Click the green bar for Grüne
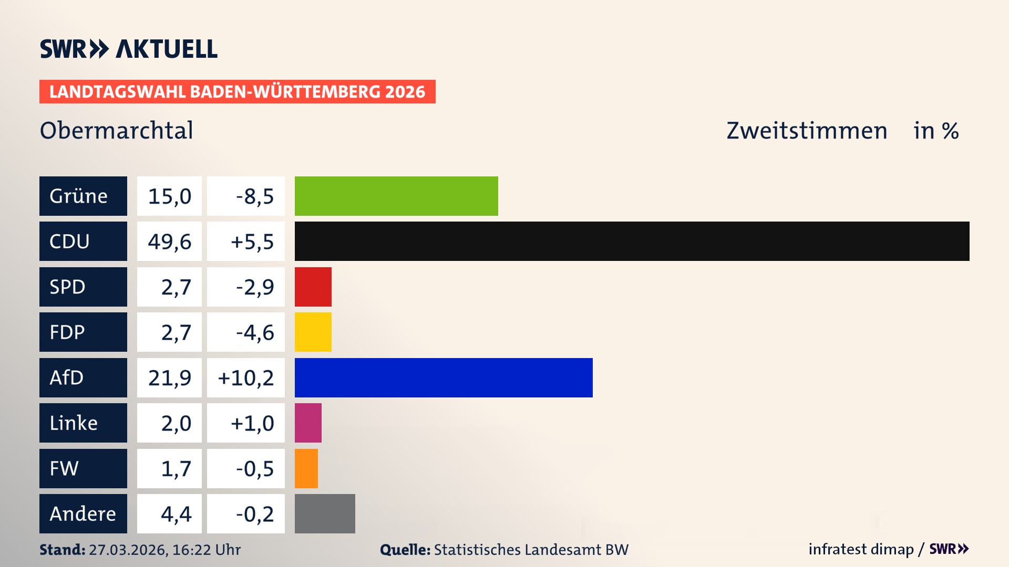point(396,196)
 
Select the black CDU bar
point(632,241)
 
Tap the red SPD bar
point(313,287)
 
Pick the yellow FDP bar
point(313,332)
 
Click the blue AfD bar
point(444,377)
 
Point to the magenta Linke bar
point(308,423)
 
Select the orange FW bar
point(306,468)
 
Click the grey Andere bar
point(325,513)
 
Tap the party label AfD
point(67,377)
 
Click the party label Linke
point(74,423)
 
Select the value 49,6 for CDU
point(169,241)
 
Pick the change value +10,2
point(246,378)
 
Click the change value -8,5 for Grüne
point(255,196)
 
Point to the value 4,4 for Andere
point(176,514)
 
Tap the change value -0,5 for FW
point(255,469)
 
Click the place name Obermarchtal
point(116,130)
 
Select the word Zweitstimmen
point(807,131)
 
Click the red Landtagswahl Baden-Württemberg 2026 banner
point(237,91)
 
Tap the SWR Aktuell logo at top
point(129,49)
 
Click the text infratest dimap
point(861,549)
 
